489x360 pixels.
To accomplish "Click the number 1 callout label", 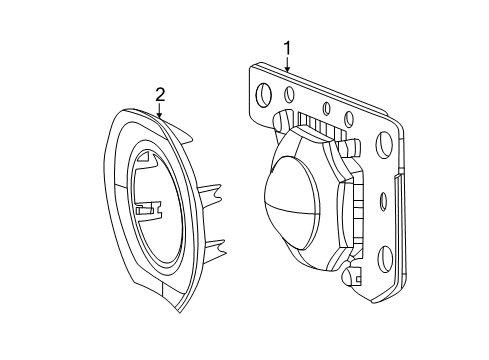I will pos(287,47).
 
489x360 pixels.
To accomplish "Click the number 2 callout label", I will pos(159,95).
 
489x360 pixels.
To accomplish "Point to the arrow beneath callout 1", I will pos(287,64).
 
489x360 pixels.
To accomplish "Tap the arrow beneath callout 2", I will pos(159,112).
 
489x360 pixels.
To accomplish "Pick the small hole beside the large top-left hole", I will pos(288,97).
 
